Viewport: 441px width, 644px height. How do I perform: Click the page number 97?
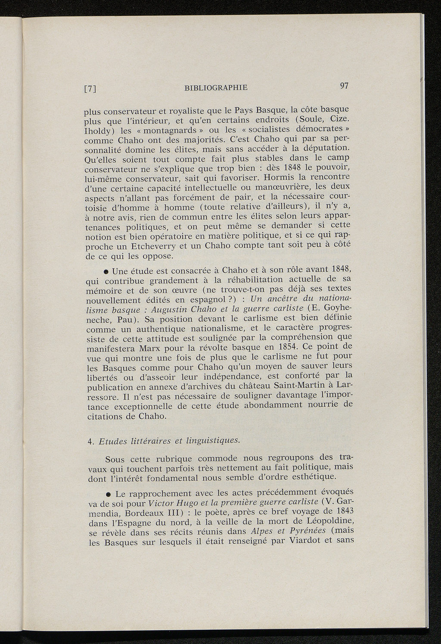tap(344, 85)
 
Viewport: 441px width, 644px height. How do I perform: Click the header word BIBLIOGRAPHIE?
tap(216, 87)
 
